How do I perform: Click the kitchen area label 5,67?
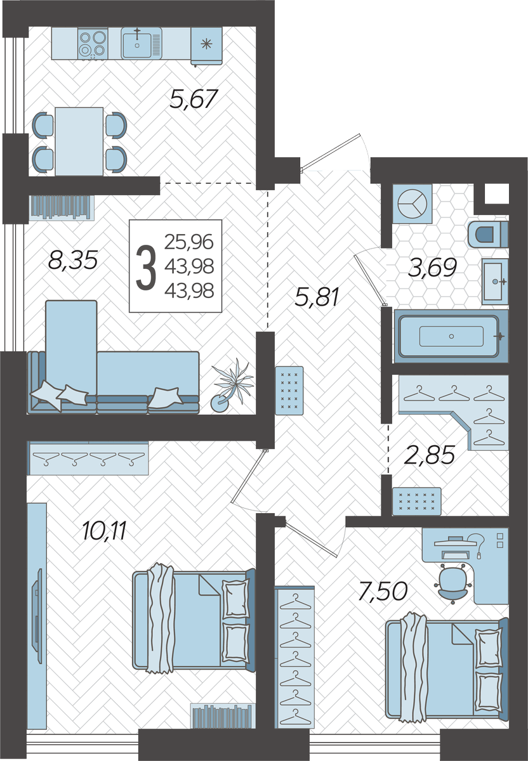[193, 99]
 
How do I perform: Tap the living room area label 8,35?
[73, 260]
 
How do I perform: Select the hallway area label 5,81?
[317, 297]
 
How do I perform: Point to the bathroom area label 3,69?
[432, 268]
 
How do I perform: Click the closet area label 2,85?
[430, 454]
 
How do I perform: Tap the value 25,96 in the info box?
[189, 242]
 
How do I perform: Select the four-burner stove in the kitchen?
[93, 44]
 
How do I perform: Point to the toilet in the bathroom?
[488, 235]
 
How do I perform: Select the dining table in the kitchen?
[79, 141]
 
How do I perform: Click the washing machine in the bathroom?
[412, 204]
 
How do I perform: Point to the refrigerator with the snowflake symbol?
[206, 46]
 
